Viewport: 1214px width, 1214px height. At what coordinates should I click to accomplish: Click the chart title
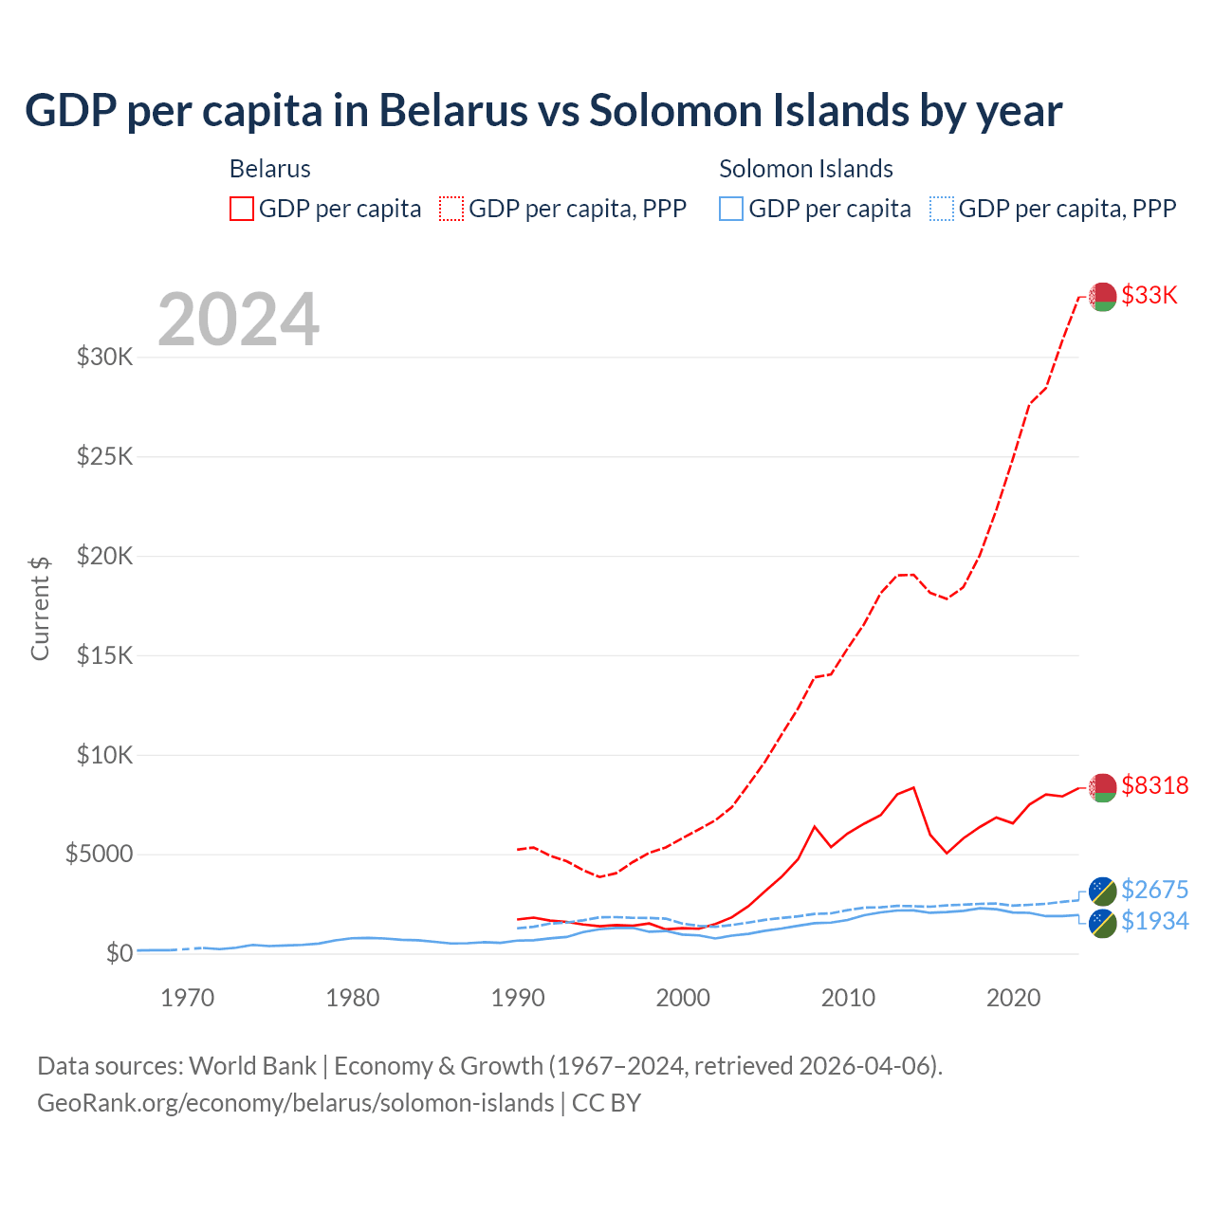pos(543,111)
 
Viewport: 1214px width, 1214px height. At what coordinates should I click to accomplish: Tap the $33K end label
pos(1150,295)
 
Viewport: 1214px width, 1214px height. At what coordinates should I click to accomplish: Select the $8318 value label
pos(1154,785)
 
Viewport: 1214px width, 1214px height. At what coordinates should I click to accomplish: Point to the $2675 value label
pos(1154,890)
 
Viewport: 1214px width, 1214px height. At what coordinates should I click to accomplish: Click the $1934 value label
pos(1154,921)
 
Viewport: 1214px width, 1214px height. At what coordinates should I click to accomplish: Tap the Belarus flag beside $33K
pos(1102,297)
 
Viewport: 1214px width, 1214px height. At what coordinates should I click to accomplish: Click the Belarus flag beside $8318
pos(1102,787)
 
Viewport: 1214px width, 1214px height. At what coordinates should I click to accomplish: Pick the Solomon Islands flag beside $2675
pos(1102,891)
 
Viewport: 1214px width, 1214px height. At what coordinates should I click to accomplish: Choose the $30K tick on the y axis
pos(105,358)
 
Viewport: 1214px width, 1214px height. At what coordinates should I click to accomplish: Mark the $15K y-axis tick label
pos(105,655)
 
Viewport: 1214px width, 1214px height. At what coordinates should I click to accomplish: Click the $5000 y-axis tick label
pos(99,855)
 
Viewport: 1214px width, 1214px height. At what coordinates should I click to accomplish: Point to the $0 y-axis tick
pos(120,953)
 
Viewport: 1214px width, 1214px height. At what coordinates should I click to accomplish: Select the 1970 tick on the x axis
pos(188,998)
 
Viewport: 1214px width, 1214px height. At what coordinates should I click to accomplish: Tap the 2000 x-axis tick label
pos(683,998)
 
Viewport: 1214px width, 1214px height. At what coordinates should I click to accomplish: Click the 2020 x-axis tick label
pos(1013,998)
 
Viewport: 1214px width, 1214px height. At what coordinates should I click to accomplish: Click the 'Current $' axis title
pos(40,608)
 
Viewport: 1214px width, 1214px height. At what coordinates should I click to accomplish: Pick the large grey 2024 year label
pos(238,320)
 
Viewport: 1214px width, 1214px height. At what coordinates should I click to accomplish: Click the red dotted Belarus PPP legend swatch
pos(451,209)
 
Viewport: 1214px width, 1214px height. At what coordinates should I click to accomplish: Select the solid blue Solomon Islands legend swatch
pos(730,209)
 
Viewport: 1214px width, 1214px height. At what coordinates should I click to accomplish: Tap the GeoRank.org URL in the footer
pos(296,1103)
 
